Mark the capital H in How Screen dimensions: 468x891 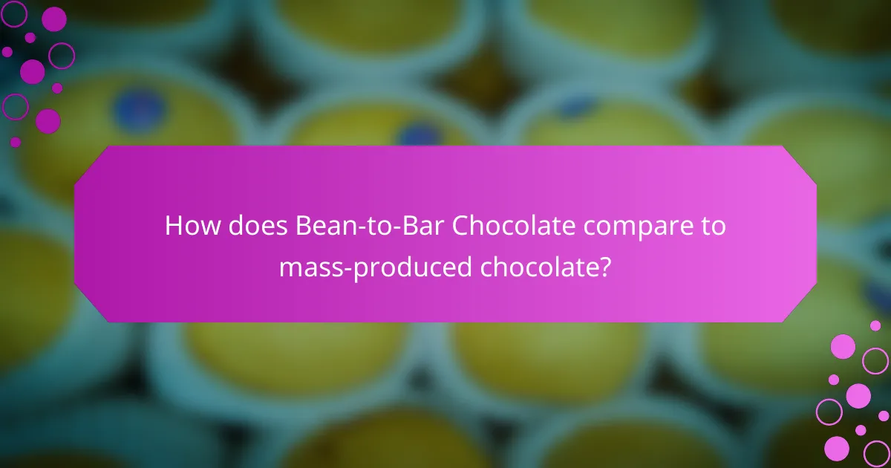click(x=173, y=226)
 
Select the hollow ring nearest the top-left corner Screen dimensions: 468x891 click(x=14, y=13)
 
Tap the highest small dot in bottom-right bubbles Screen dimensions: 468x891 click(x=875, y=325)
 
